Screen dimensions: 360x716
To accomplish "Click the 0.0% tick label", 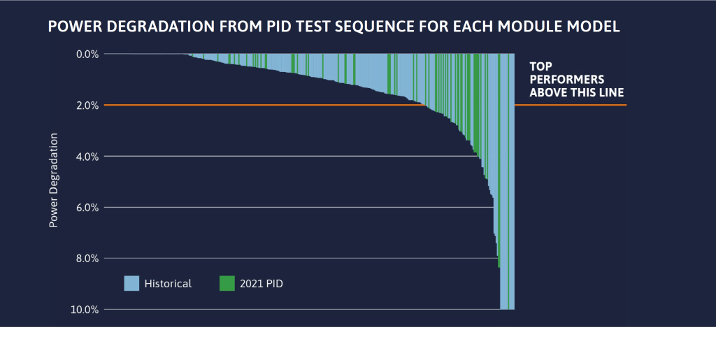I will [87, 54].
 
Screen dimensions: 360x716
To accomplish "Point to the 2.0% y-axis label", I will [87, 105].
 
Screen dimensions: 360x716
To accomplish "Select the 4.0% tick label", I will [87, 156].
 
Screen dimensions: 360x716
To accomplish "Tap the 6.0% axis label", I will [87, 208].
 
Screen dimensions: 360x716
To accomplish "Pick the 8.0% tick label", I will [87, 259].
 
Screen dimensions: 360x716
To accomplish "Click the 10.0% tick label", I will [85, 310].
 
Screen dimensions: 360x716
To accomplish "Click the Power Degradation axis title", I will [53, 180].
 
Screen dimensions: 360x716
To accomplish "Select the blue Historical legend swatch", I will [131, 283].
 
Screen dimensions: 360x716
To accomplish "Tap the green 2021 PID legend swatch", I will [227, 283].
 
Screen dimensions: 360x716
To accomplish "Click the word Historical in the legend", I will [168, 283].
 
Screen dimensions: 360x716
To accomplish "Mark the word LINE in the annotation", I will [610, 92].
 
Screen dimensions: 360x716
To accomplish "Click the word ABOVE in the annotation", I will [547, 92].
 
